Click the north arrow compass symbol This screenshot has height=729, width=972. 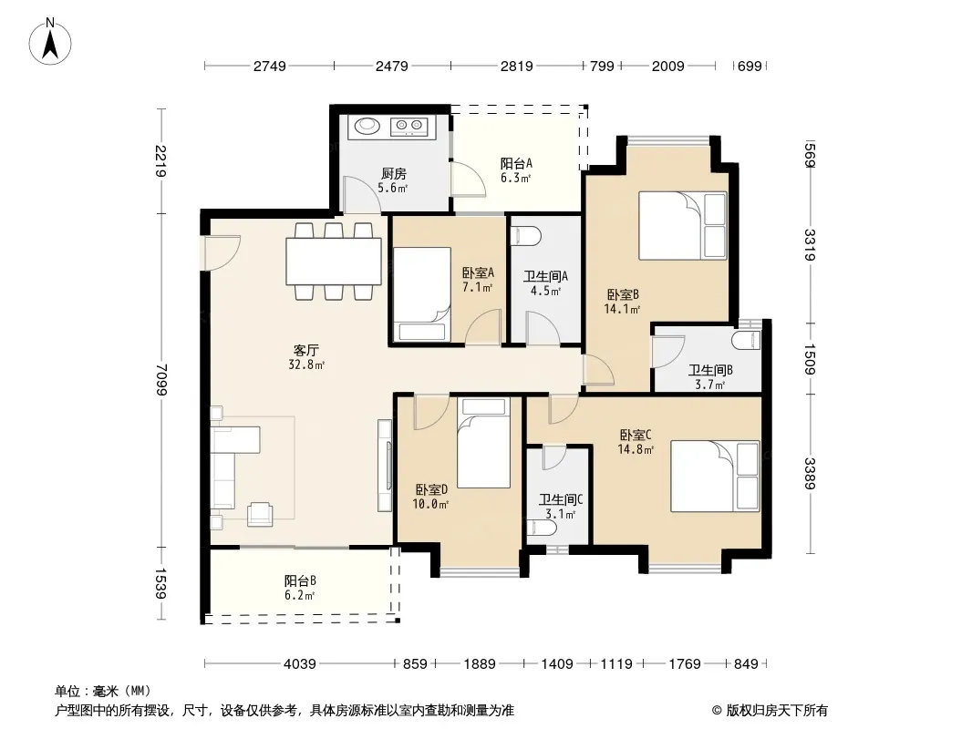coord(50,41)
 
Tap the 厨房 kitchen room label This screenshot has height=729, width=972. coord(394,173)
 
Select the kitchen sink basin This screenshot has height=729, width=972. coord(367,127)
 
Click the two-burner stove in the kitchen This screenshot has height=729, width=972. coord(409,127)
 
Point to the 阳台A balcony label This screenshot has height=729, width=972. coord(516,163)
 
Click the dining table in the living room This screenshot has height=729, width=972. coord(334,262)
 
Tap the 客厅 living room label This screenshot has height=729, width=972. coord(306,351)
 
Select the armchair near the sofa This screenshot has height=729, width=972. coord(260,513)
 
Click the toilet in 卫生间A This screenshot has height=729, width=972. coord(525,236)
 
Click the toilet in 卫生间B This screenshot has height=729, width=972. coord(746,340)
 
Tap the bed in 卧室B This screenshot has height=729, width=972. coord(682,225)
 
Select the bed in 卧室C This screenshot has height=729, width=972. coord(715,476)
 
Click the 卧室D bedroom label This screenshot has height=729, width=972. coord(431,489)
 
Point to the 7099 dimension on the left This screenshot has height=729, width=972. coord(161,379)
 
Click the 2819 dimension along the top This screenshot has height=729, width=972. coord(516,66)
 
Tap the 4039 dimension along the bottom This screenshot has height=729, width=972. coord(300,663)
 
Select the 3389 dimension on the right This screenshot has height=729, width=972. coord(810,473)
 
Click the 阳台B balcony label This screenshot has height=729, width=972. coord(301,581)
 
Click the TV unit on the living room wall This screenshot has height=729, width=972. coord(385,465)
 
